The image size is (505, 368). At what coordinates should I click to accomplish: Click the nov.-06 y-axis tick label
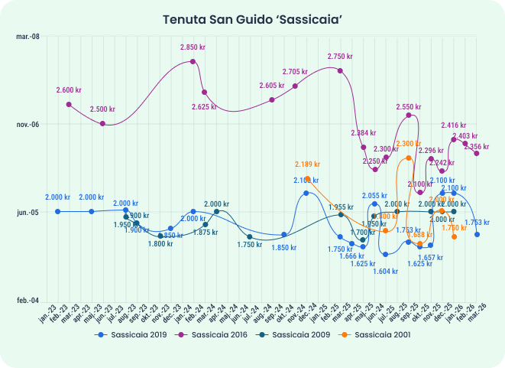[x=28, y=125]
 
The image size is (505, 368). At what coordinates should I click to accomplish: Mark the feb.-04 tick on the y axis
[x=28, y=301]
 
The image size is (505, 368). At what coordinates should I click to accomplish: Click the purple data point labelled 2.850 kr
[x=193, y=61]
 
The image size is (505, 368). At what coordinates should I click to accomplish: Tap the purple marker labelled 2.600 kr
[x=69, y=104]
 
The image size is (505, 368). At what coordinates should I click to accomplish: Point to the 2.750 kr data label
[x=340, y=57]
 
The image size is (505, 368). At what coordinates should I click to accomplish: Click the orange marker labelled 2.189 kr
[x=307, y=178]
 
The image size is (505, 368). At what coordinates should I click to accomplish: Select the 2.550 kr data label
[x=410, y=107]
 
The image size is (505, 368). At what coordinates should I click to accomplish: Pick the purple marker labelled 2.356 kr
[x=477, y=154]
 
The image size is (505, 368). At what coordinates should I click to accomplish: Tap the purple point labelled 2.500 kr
[x=103, y=123]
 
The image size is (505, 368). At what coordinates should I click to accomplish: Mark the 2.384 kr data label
[x=364, y=133]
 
